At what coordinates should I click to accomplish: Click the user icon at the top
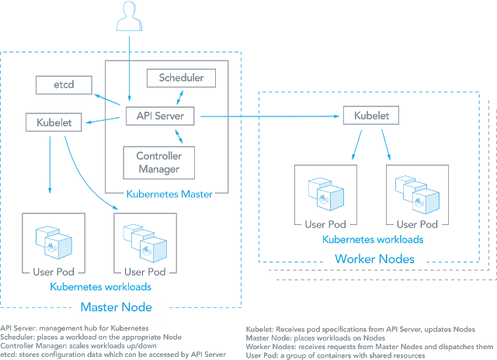tap(128, 15)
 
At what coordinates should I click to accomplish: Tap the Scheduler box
tap(181, 78)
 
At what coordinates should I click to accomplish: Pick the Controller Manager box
tap(159, 161)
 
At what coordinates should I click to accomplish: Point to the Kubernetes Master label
tap(169, 193)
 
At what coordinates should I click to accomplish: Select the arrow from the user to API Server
tap(128, 66)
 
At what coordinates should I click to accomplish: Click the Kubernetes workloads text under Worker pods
tap(372, 240)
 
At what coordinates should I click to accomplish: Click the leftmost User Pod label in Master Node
tap(52, 272)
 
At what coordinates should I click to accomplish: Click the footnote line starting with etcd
tap(113, 354)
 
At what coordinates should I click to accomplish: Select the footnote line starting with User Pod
tap(335, 354)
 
